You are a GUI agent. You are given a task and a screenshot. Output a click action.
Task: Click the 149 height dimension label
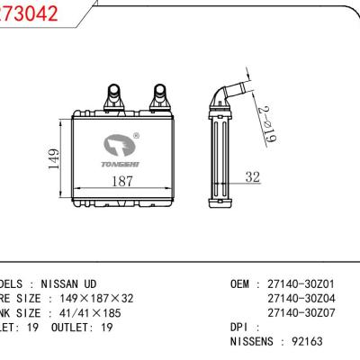tap(54, 160)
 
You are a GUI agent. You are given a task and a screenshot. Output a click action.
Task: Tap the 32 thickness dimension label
tap(252, 176)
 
